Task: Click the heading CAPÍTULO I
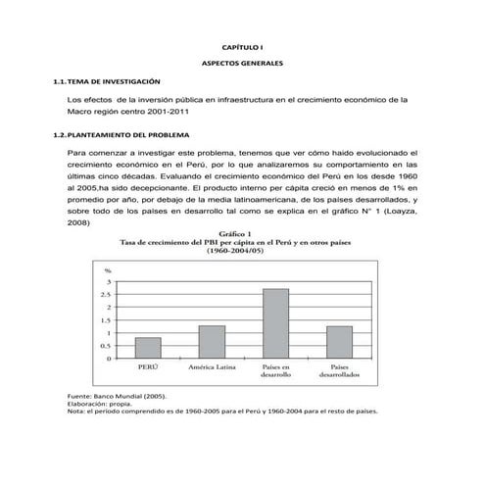[x=241, y=46]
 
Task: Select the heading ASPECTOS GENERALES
[x=241, y=63]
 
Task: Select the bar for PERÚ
[x=148, y=348]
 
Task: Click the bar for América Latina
[x=212, y=342]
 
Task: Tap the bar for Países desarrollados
[x=339, y=342]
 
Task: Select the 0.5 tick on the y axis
[x=105, y=346]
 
